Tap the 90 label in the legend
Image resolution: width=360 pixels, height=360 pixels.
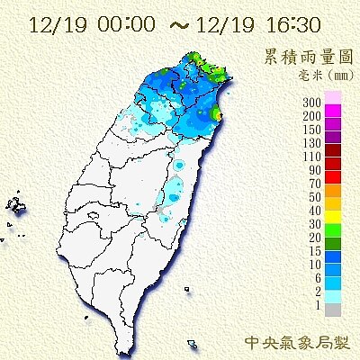tap(315, 170)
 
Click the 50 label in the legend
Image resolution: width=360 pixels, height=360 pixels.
tap(315, 197)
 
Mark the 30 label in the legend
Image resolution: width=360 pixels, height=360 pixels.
tap(315, 224)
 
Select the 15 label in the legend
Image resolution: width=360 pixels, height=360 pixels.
tap(315, 251)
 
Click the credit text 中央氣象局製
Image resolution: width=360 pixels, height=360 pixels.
tap(301, 343)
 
